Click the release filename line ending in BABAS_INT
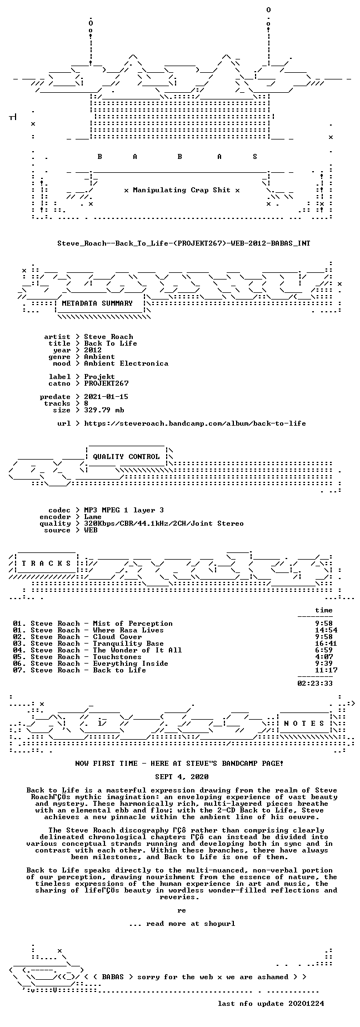(184, 243)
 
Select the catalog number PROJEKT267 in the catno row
(106, 383)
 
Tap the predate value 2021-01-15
(106, 397)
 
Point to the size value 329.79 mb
(104, 410)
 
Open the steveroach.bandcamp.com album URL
(195, 423)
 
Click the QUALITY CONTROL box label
(126, 457)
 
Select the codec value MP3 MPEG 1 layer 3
(124, 510)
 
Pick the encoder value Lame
(93, 517)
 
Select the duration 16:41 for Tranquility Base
(326, 644)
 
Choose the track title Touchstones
(117, 657)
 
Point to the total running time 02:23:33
(315, 684)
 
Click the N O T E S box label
(304, 724)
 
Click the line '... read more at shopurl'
(182, 924)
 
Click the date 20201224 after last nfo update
(306, 1004)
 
